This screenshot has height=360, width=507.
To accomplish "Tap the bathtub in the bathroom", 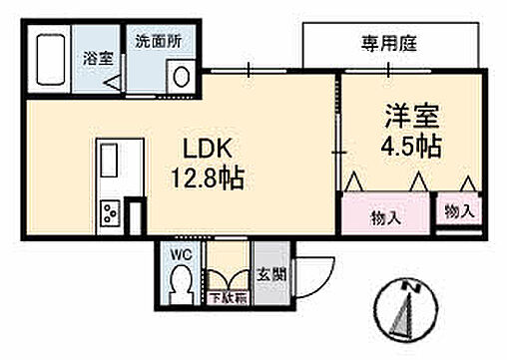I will click(x=47, y=62).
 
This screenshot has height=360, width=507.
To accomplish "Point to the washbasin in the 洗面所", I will click(x=183, y=75).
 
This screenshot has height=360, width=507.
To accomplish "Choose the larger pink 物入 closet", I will click(x=385, y=215).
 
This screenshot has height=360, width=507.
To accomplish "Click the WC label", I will click(x=181, y=253).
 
